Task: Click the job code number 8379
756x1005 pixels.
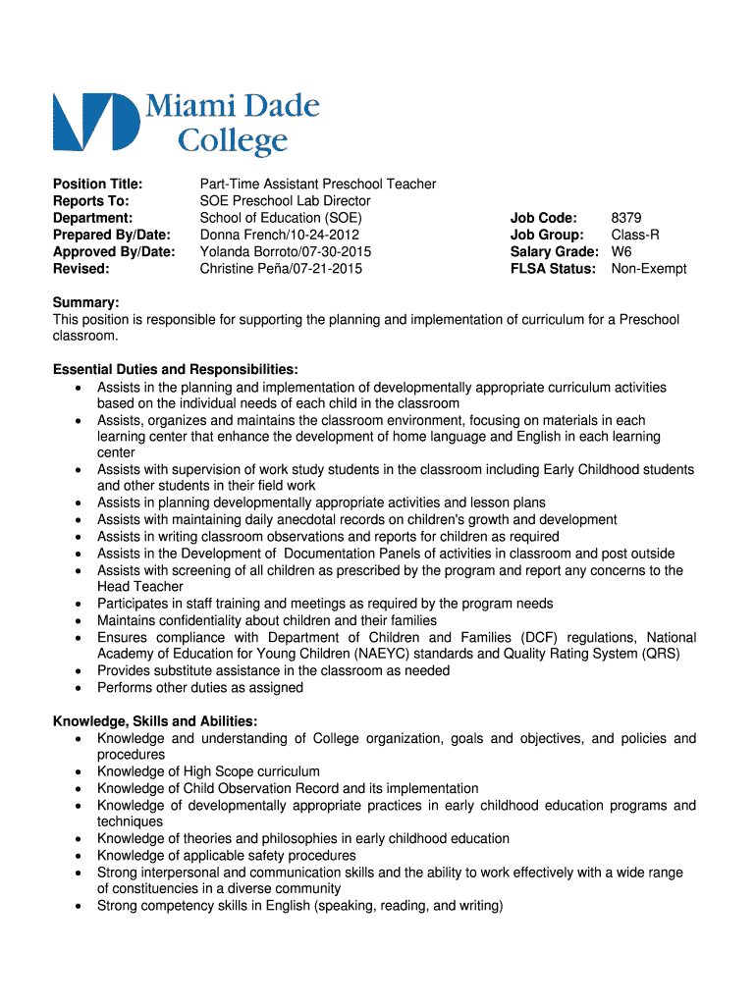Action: (626, 218)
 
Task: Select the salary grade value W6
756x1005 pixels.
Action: (621, 252)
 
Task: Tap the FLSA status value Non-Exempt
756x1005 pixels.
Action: (649, 269)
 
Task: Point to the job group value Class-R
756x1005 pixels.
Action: (635, 235)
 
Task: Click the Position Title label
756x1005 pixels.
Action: (97, 184)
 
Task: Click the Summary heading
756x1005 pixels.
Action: (85, 303)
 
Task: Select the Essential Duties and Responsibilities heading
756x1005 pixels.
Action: (175, 370)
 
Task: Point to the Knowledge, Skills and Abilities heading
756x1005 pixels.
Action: (155, 721)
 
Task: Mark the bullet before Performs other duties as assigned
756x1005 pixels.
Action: (78, 688)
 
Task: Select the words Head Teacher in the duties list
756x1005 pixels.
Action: (140, 587)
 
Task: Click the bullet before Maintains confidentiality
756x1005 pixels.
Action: (78, 620)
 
